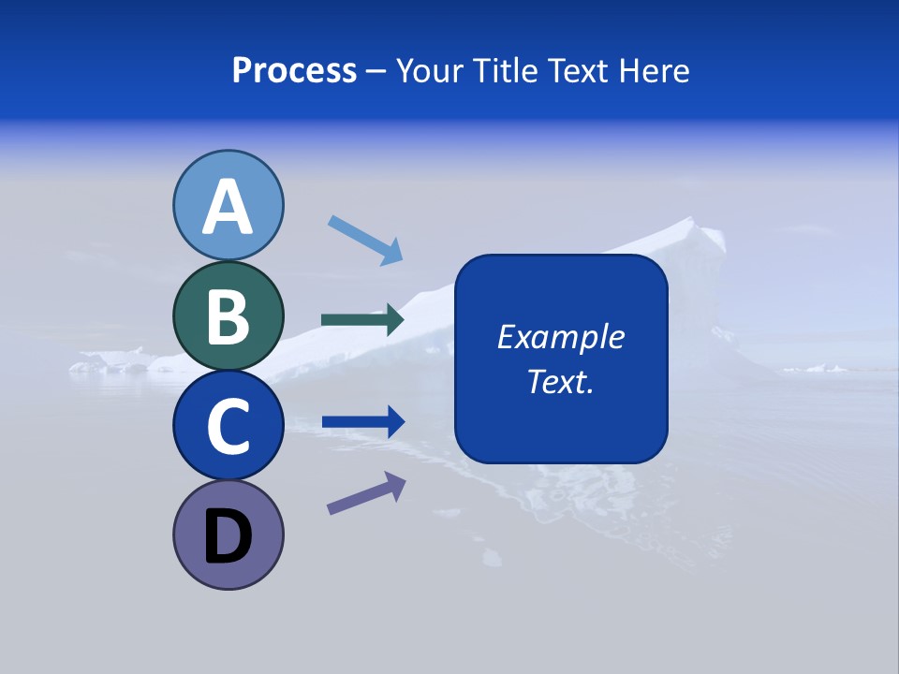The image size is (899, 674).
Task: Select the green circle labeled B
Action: [228, 315]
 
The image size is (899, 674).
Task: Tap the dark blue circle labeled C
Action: [228, 425]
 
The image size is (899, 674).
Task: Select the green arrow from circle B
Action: [361, 320]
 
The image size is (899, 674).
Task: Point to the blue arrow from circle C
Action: [361, 421]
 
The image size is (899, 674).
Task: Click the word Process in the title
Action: [294, 71]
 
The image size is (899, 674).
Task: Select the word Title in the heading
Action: [501, 71]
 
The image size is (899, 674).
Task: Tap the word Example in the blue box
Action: [560, 337]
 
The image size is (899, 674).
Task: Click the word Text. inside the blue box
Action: [560, 382]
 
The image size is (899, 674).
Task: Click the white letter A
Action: [228, 208]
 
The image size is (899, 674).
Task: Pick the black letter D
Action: [228, 537]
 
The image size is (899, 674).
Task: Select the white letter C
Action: [228, 427]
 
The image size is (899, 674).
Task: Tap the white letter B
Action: [228, 316]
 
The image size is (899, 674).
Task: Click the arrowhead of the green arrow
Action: [393, 320]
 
